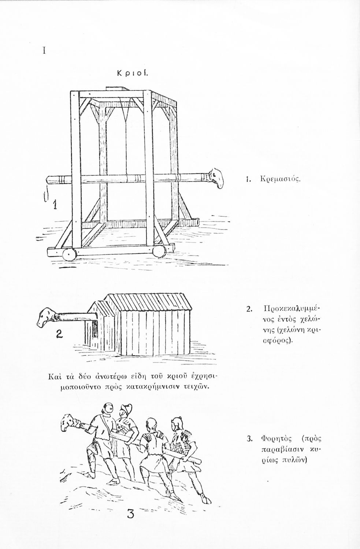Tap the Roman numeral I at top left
(44, 51)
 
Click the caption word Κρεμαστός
(279, 180)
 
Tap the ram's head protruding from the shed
(47, 317)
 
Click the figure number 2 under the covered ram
(60, 334)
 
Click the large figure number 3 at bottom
(131, 515)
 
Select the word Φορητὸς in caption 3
(275, 438)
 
